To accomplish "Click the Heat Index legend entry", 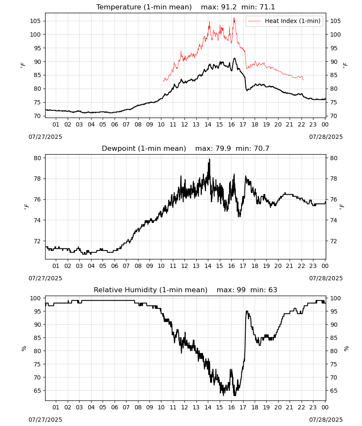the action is click(284, 21).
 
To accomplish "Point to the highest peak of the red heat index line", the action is click(234, 18).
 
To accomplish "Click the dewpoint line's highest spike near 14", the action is click(209, 160).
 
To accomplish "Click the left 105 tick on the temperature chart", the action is click(35, 21).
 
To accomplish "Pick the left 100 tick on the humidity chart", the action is click(35, 298).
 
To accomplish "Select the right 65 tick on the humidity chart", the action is click(333, 391).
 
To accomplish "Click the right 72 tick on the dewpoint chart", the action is click(333, 241).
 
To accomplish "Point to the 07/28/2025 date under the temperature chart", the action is click(326, 137).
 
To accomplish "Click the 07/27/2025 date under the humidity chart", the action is click(45, 420).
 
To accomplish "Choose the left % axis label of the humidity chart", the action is click(24, 348).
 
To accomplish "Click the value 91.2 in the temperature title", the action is click(229, 7).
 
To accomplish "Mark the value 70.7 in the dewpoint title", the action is click(261, 148).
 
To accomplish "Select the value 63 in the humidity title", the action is click(273, 290).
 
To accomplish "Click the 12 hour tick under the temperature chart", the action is click(185, 124).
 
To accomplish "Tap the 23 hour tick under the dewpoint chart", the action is click(313, 266).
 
